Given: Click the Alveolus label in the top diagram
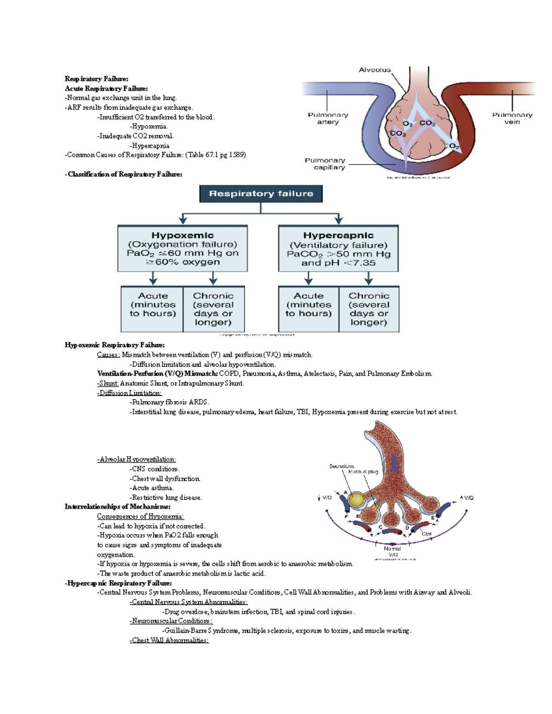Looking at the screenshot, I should pos(374,70).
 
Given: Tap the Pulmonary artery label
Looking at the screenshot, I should pos(328,118).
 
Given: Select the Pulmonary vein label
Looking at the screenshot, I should pos(512,118).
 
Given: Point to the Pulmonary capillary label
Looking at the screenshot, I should pos(325,164).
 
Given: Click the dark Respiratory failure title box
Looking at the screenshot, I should pos(261,194).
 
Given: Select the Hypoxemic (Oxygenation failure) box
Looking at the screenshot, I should pos(183,248).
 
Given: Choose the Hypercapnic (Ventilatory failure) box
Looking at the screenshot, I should pos(338,249).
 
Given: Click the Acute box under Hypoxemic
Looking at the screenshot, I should pos(152,308).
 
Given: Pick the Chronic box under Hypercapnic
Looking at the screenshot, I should pos(368,308).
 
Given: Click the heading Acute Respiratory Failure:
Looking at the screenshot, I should pos(106,88).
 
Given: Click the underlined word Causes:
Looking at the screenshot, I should pos(109,354).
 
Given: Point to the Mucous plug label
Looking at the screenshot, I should pos(363,472).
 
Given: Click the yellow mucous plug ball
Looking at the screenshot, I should pos(356,500).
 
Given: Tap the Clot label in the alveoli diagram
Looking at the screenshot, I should pos(426,534).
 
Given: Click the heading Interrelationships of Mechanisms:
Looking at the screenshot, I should pos(117,507).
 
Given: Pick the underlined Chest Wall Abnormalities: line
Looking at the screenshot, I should pos(169,640).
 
